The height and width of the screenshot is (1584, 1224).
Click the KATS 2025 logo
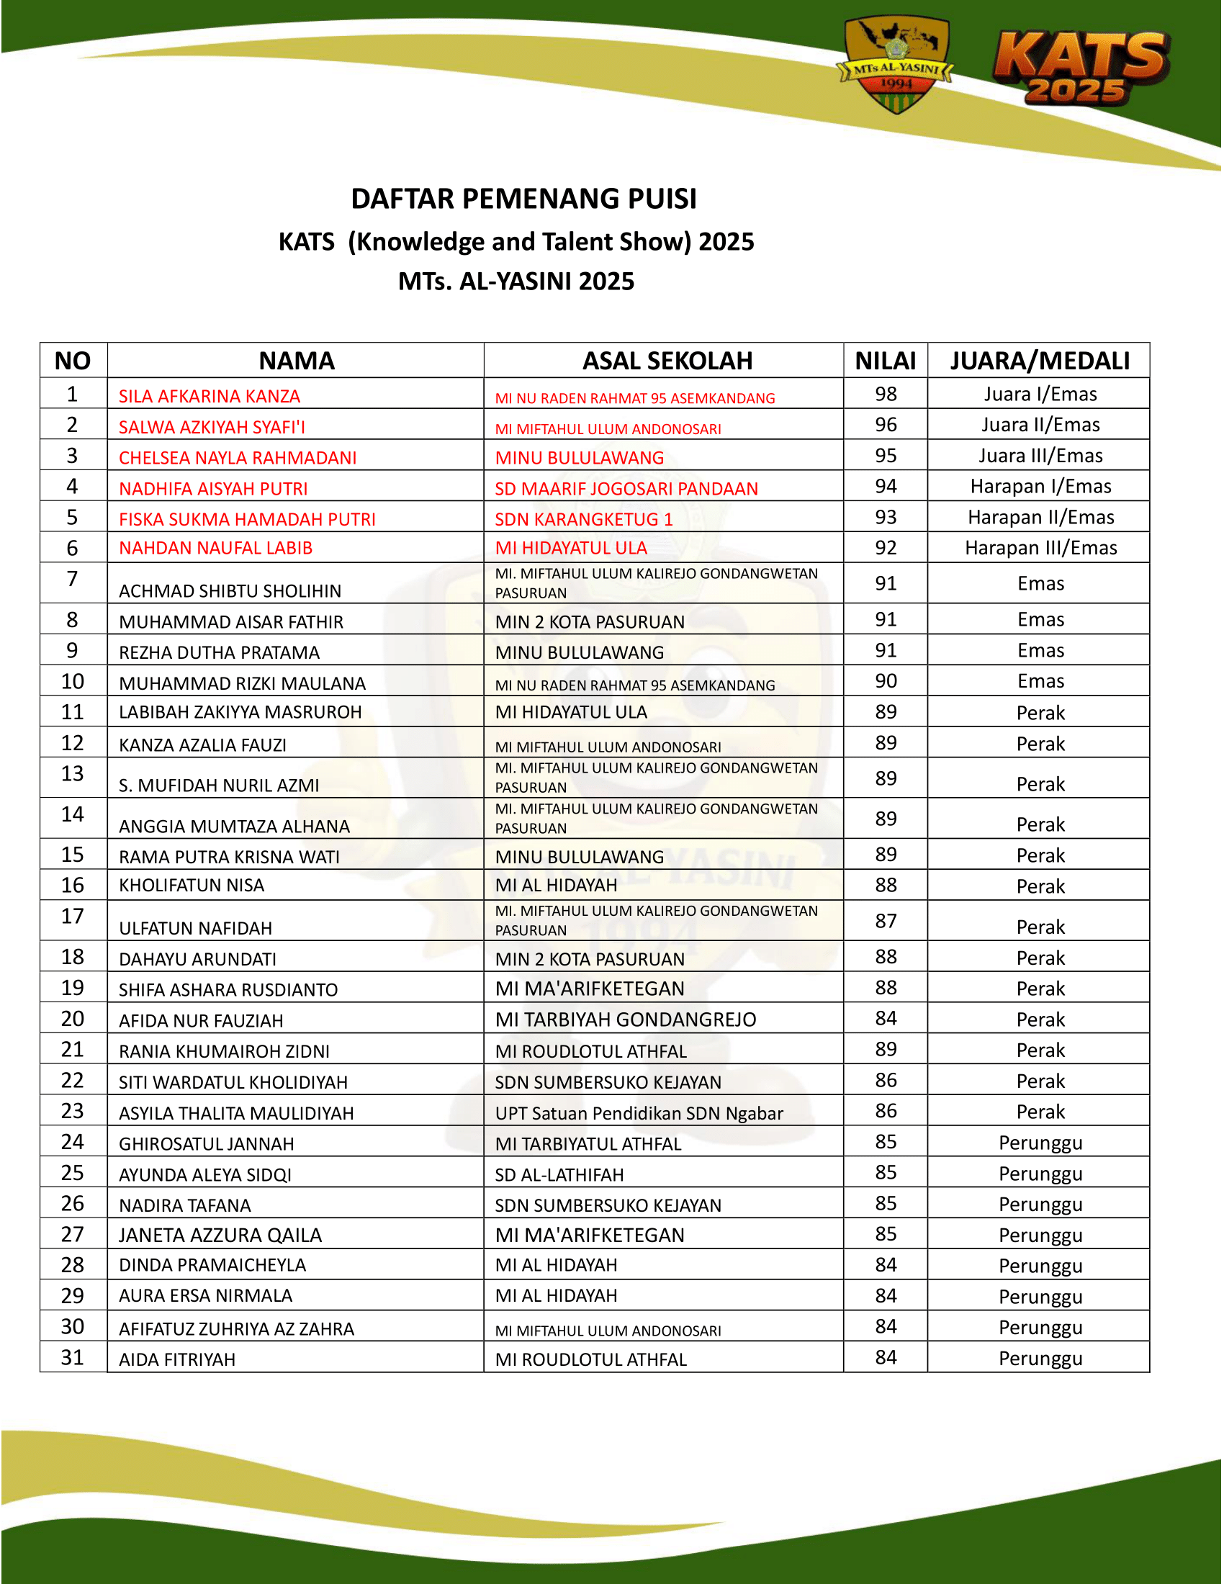coord(1081,69)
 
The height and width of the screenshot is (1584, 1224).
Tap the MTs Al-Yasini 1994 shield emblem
coord(897,66)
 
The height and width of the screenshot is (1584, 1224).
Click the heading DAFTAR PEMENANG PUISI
coord(523,199)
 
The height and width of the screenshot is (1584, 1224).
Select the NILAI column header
coord(886,361)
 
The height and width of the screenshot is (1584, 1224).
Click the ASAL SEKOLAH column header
coord(667,361)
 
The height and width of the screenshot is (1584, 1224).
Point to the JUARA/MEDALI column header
coord(1040,361)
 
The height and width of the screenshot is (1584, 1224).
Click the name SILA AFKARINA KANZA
coord(210,396)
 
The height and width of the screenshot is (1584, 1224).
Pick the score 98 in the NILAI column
coord(886,394)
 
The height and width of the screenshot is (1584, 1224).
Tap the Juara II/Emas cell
coord(1040,425)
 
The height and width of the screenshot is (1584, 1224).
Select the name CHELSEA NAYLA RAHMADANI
coord(238,458)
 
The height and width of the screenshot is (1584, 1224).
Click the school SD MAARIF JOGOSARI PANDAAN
coord(626,489)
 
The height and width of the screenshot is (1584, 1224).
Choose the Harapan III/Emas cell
coord(1040,549)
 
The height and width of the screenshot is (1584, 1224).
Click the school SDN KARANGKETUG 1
coord(584,519)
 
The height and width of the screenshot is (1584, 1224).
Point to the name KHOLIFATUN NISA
coord(192,886)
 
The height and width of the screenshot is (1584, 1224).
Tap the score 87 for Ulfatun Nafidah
coord(886,921)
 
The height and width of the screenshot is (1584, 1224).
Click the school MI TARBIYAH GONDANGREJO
coord(625,1020)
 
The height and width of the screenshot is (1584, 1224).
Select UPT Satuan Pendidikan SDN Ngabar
coord(639,1113)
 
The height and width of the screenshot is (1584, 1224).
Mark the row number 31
coord(73,1358)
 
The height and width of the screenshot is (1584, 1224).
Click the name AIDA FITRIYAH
coord(177,1360)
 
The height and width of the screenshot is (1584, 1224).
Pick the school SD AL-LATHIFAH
coord(559,1175)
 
